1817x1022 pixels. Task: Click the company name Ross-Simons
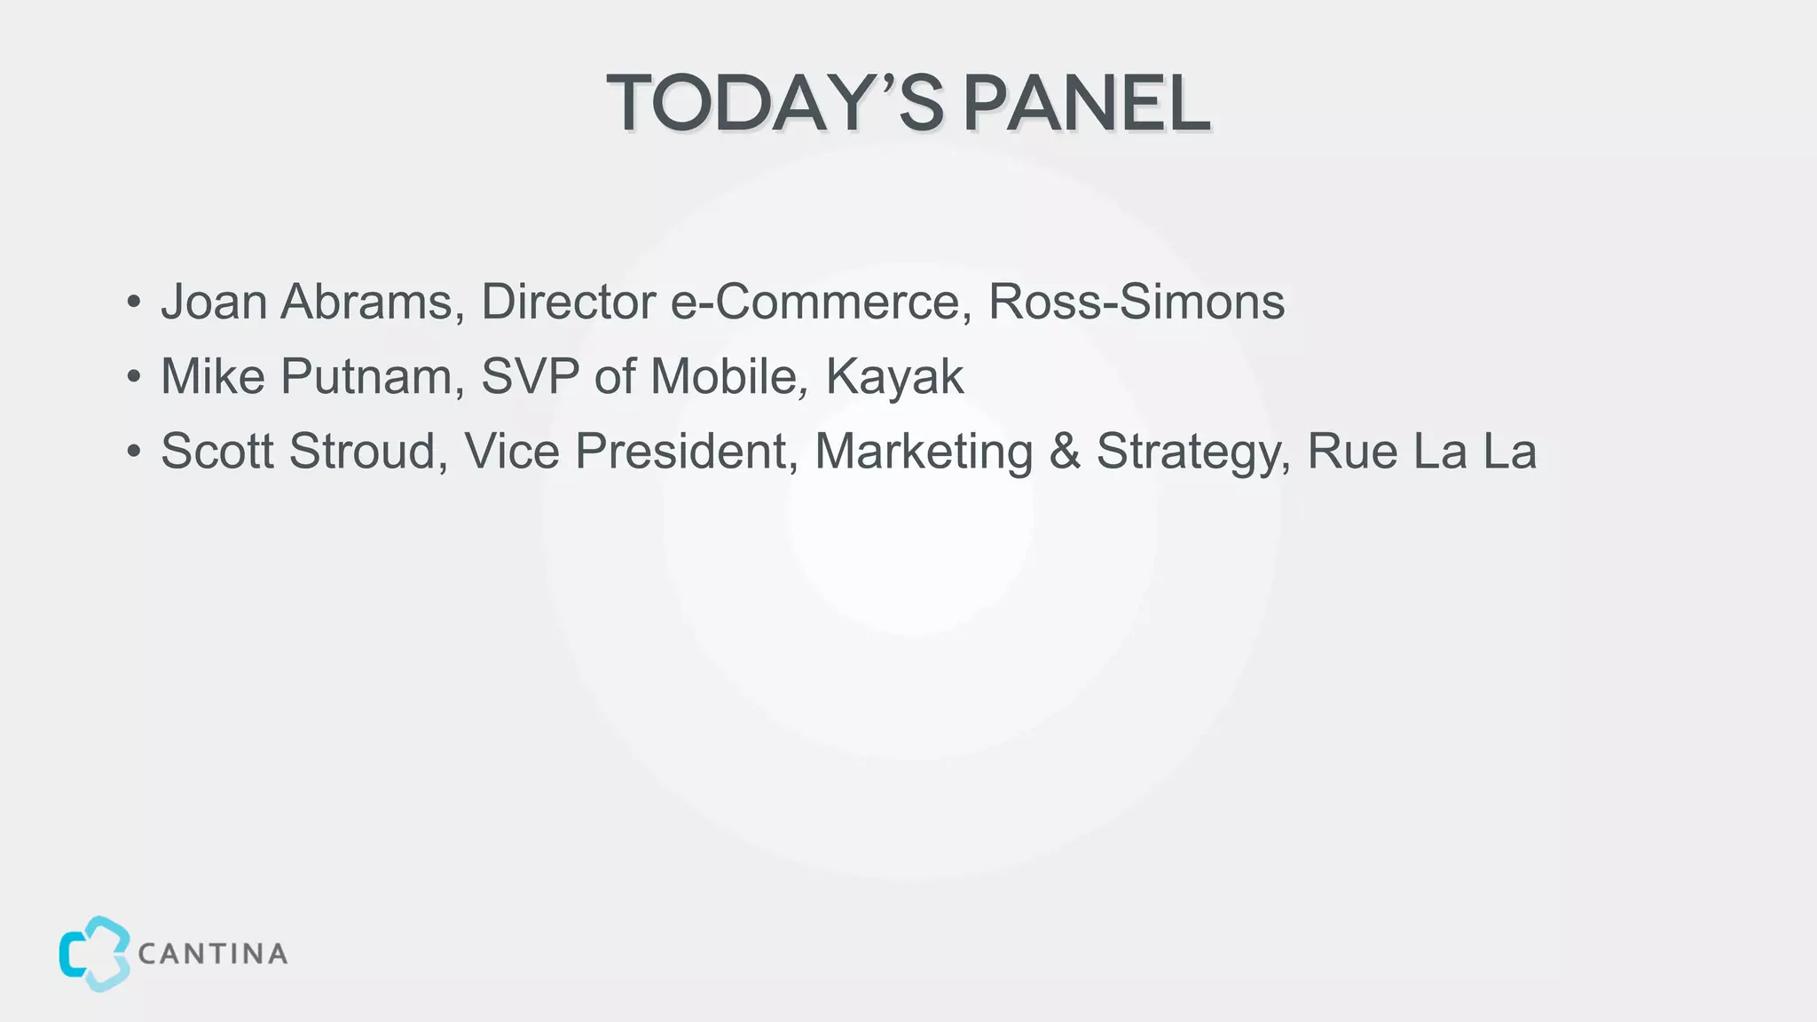click(1137, 302)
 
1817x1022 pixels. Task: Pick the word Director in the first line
click(568, 302)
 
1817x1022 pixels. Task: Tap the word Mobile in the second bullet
click(728, 376)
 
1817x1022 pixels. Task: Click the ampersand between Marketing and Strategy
click(1065, 451)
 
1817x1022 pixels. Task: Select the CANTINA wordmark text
click(213, 955)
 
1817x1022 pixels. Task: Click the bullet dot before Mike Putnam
click(133, 377)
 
